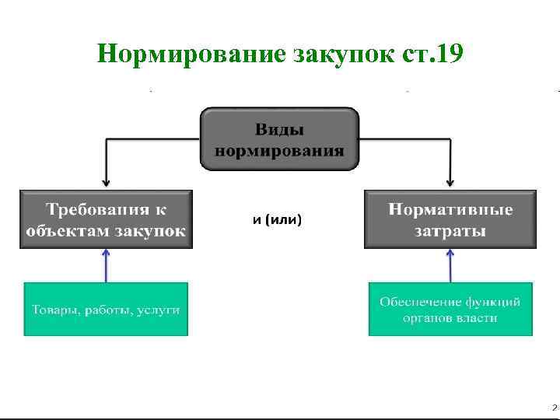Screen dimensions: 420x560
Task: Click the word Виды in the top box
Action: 279,129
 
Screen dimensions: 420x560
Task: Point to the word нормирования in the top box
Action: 279,149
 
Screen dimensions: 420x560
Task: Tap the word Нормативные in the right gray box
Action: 451,209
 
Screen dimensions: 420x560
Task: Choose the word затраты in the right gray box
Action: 451,230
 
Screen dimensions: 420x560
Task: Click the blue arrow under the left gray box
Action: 107,264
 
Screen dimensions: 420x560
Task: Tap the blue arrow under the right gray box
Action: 450,264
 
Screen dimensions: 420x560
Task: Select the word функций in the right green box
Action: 492,302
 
